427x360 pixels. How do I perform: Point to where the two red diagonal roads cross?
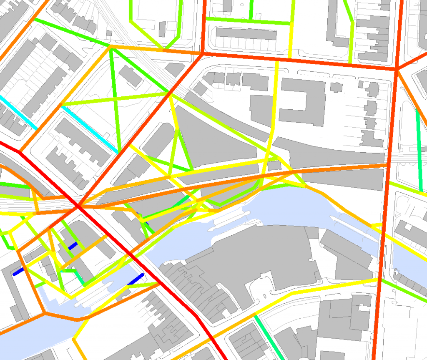pyautogui.click(x=78, y=206)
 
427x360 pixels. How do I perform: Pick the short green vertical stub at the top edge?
pyautogui.click(x=251, y=8)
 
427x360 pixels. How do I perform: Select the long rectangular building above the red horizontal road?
pyautogui.click(x=246, y=33)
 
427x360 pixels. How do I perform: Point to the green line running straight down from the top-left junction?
pyautogui.click(x=115, y=100)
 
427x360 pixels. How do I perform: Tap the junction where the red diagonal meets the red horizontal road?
pyautogui.click(x=202, y=54)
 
